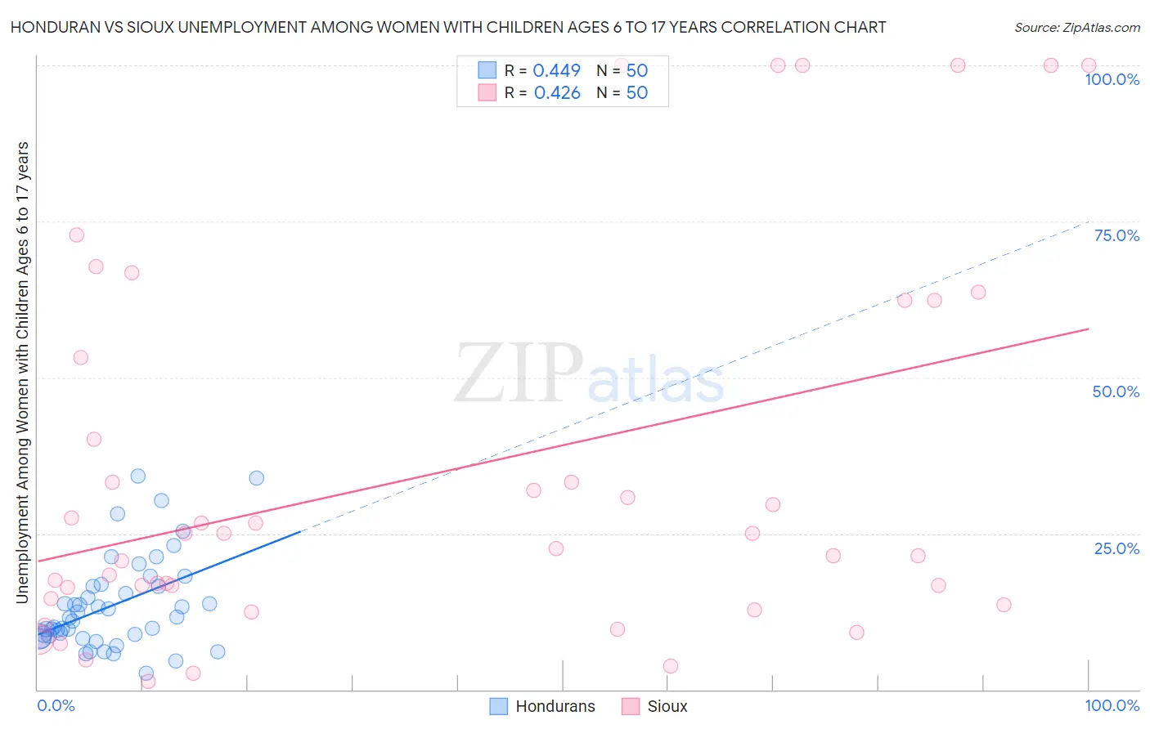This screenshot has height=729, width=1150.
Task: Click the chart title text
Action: click(x=448, y=28)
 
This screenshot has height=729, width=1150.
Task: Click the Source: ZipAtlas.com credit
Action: click(x=1076, y=28)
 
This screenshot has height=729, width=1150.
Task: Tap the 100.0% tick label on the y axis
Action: click(x=1112, y=79)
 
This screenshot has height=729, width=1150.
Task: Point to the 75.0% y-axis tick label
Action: click(x=1116, y=235)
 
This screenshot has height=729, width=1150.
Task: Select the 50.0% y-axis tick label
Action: click(x=1116, y=391)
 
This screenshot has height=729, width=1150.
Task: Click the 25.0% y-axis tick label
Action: click(x=1116, y=548)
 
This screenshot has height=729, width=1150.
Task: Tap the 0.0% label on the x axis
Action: click(x=56, y=705)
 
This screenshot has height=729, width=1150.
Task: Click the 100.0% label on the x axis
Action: click(x=1112, y=705)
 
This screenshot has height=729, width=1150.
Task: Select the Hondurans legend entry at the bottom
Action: click(x=542, y=706)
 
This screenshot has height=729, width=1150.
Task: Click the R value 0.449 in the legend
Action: click(x=556, y=70)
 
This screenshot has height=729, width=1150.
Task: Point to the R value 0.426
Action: click(x=556, y=93)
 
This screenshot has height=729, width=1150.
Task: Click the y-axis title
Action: click(x=22, y=373)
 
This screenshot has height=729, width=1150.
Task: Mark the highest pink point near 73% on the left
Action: click(x=76, y=235)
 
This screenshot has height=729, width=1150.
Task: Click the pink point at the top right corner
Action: click(x=1089, y=65)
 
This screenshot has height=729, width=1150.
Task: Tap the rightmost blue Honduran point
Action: click(x=256, y=478)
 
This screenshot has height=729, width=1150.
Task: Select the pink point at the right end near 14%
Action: click(x=1004, y=605)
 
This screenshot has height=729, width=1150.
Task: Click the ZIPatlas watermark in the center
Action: click(x=589, y=373)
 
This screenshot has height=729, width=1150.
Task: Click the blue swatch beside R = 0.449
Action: click(x=487, y=70)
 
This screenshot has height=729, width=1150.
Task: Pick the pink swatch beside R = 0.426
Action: click(x=487, y=92)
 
